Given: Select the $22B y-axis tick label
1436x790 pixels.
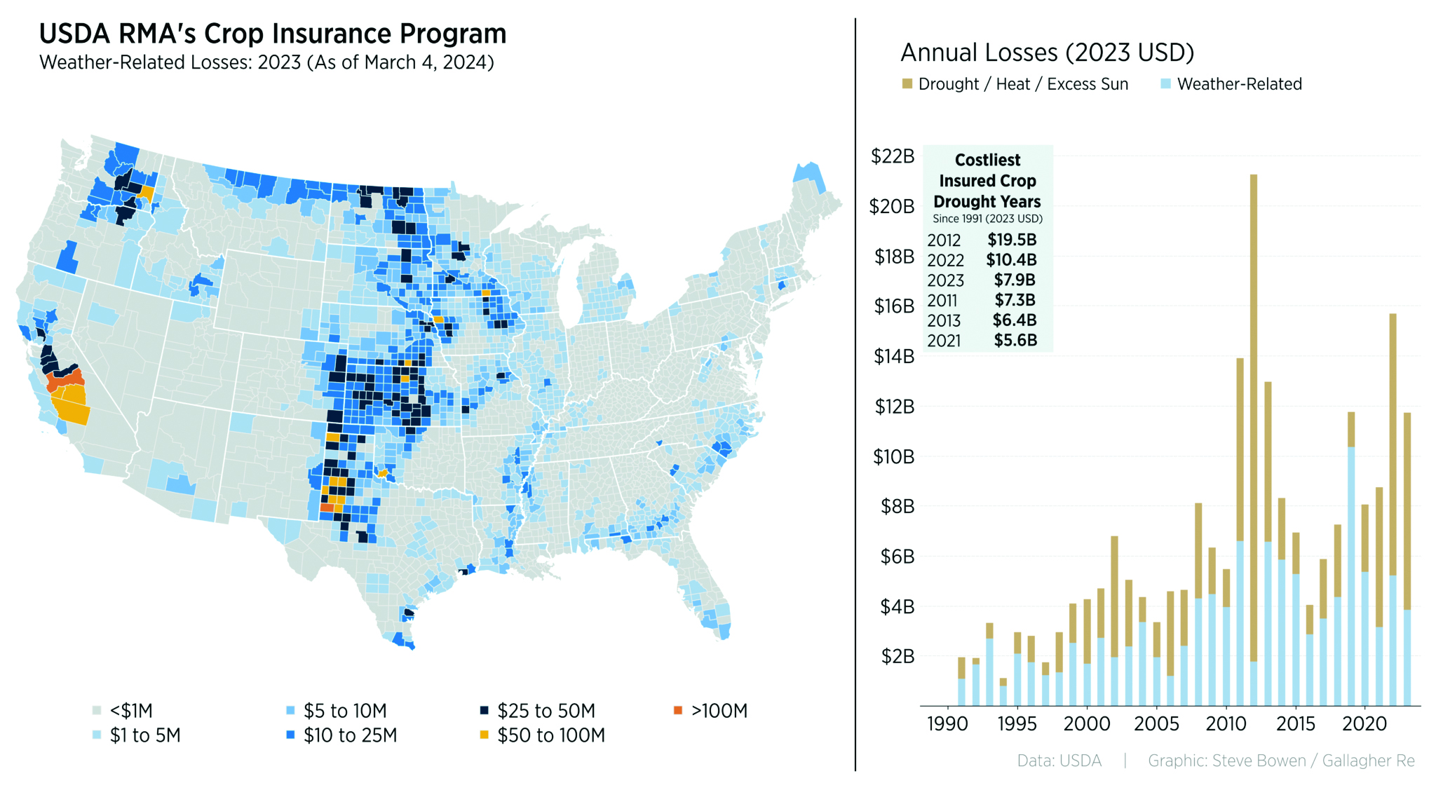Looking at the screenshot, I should pos(893,156).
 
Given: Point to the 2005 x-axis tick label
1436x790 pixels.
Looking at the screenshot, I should pos(1156,724).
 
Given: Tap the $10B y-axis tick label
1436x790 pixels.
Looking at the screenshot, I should pos(893,457).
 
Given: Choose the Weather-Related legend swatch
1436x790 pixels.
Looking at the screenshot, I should pos(1165,84).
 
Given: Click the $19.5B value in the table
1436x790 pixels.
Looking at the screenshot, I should pos(1011,240).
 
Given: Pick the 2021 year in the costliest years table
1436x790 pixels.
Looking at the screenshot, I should pos(944,341).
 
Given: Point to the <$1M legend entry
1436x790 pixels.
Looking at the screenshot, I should pos(130,711).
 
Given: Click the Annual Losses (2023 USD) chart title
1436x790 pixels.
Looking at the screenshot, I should pos(1047,53).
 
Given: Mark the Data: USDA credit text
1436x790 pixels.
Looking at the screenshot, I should pos(1059,761).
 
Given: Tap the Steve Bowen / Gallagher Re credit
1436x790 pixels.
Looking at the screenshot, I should pos(1280,761).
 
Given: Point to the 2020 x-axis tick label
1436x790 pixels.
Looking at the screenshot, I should pos(1364,724).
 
